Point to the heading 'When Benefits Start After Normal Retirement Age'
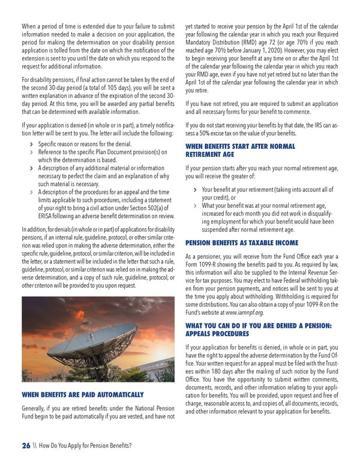pyautogui.click(x=240, y=150)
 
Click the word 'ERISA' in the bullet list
pyautogui.click(x=47, y=216)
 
